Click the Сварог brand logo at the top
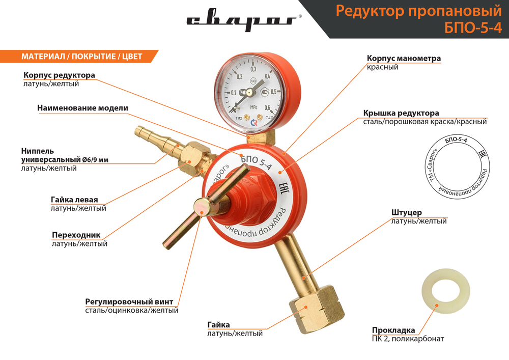[242, 21]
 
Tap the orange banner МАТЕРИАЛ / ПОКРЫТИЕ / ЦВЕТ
[81, 56]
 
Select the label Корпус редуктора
[59, 75]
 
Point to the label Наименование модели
[82, 108]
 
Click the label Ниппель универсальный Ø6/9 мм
[65, 155]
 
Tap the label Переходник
[76, 235]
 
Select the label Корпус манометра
[404, 58]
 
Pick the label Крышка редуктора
[401, 113]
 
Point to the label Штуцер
[406, 212]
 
